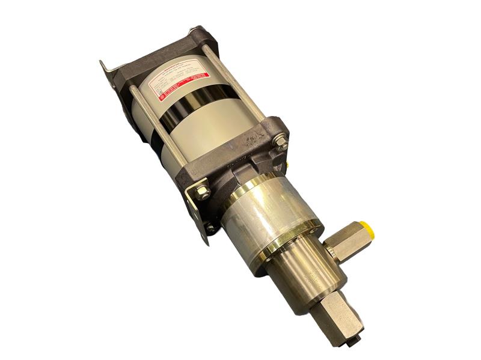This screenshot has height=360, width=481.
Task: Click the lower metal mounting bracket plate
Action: tap(198, 210)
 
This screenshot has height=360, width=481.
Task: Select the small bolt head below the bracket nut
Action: tap(211, 228)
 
